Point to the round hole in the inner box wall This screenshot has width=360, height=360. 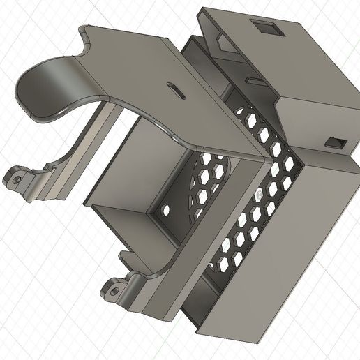pos(166,209)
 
